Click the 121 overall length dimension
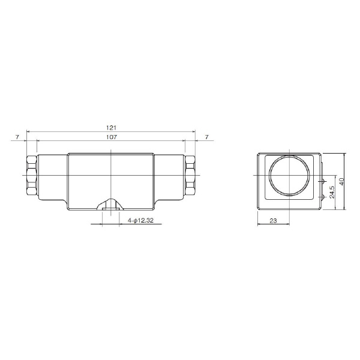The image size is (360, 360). point(112,127)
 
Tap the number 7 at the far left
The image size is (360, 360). point(17,137)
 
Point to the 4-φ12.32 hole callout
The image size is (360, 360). point(142,221)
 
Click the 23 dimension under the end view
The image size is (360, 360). point(273,221)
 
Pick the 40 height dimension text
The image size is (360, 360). point(342,182)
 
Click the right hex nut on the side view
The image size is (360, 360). point(190,175)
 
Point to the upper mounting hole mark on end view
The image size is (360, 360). point(323,180)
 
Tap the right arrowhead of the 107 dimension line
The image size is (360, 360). point(185,140)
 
